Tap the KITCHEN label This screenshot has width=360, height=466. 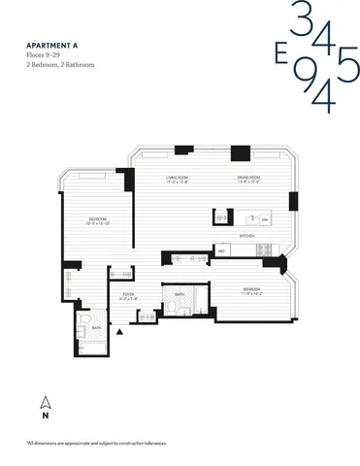(246, 234)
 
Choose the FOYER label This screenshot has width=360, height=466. (128, 294)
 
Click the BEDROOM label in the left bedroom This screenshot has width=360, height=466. (98, 219)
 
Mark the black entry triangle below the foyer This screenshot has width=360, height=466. (119, 331)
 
